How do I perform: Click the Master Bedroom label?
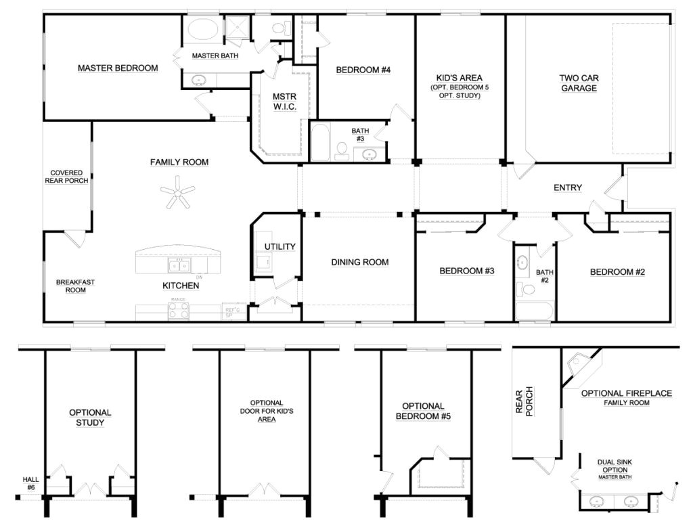(x=118, y=68)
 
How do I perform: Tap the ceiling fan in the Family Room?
(x=177, y=194)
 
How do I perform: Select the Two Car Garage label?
(x=578, y=83)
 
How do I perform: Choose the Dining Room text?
(x=359, y=263)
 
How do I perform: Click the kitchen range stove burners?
(x=179, y=310)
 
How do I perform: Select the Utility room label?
(x=280, y=246)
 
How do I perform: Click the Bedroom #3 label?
(x=467, y=271)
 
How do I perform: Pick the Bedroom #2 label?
(x=617, y=272)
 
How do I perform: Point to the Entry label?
(x=567, y=187)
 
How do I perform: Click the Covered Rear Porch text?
(x=66, y=177)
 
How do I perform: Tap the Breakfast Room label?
(x=70, y=286)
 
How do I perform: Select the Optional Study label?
(x=90, y=418)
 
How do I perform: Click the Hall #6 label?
(x=30, y=483)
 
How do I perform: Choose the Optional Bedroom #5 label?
(x=423, y=411)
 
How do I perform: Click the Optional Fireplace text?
(x=626, y=393)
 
